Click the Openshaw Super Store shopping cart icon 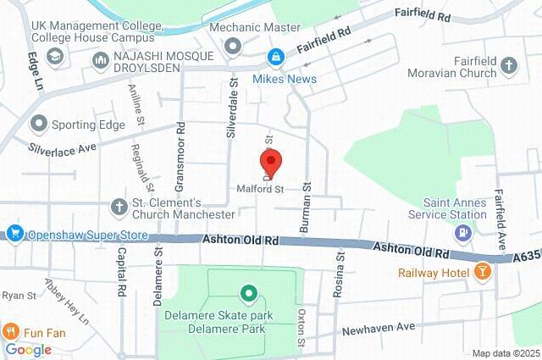(x=14, y=233)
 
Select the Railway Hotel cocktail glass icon (x=483, y=272)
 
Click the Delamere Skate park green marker (x=248, y=294)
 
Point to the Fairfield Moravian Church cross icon (x=508, y=65)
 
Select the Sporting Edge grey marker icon (x=37, y=125)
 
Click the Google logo (x=28, y=349)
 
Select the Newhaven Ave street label (x=379, y=326)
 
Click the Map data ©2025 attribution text (x=505, y=353)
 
